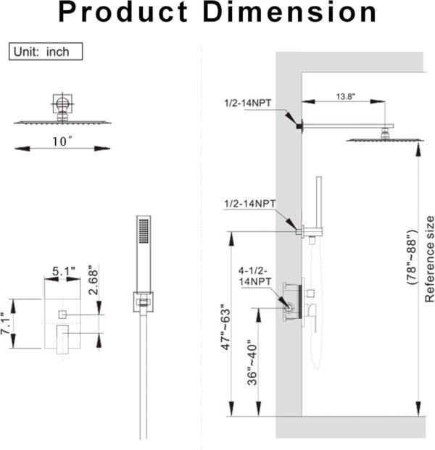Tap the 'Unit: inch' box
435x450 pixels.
tap(46, 51)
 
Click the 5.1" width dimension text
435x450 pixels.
tap(65, 272)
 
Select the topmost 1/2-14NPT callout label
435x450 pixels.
tap(248, 104)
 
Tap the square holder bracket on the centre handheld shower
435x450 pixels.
tap(144, 302)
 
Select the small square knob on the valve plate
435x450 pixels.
tap(62, 313)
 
